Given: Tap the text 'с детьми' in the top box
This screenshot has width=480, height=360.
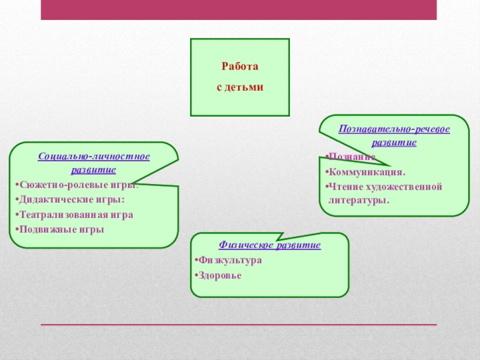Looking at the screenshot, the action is click(x=239, y=87).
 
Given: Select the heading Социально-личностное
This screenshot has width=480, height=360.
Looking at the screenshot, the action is click(x=94, y=157).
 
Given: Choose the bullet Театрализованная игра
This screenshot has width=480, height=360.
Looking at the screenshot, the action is click(x=76, y=214).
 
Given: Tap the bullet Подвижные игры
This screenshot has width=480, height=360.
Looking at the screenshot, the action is click(x=61, y=229).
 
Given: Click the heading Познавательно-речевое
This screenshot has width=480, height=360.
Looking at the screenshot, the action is click(x=394, y=129).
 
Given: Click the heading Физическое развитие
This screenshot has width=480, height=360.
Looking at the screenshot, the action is click(x=269, y=245).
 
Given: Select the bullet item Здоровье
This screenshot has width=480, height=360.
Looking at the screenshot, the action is click(x=220, y=275).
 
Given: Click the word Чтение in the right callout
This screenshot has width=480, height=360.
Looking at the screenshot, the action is click(x=346, y=187).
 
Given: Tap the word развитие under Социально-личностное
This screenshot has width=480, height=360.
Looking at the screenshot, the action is click(x=94, y=170).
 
